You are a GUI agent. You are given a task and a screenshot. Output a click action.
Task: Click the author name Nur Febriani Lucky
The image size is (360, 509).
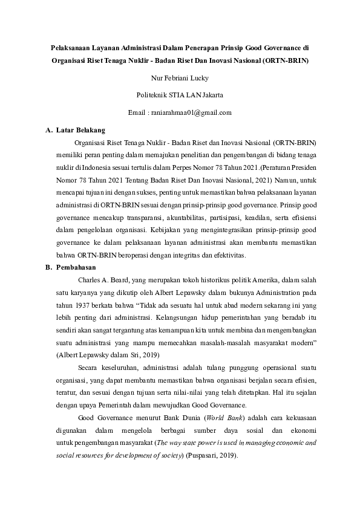tap(180, 77)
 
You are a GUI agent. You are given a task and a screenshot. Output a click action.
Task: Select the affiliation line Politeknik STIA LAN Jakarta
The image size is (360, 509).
tap(180, 95)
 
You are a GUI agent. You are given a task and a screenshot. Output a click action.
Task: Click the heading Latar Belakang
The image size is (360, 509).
tap(80, 130)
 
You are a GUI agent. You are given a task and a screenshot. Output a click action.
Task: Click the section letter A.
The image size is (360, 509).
tap(49, 130)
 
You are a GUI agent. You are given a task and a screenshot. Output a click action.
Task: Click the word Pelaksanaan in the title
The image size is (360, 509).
tap(71, 47)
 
